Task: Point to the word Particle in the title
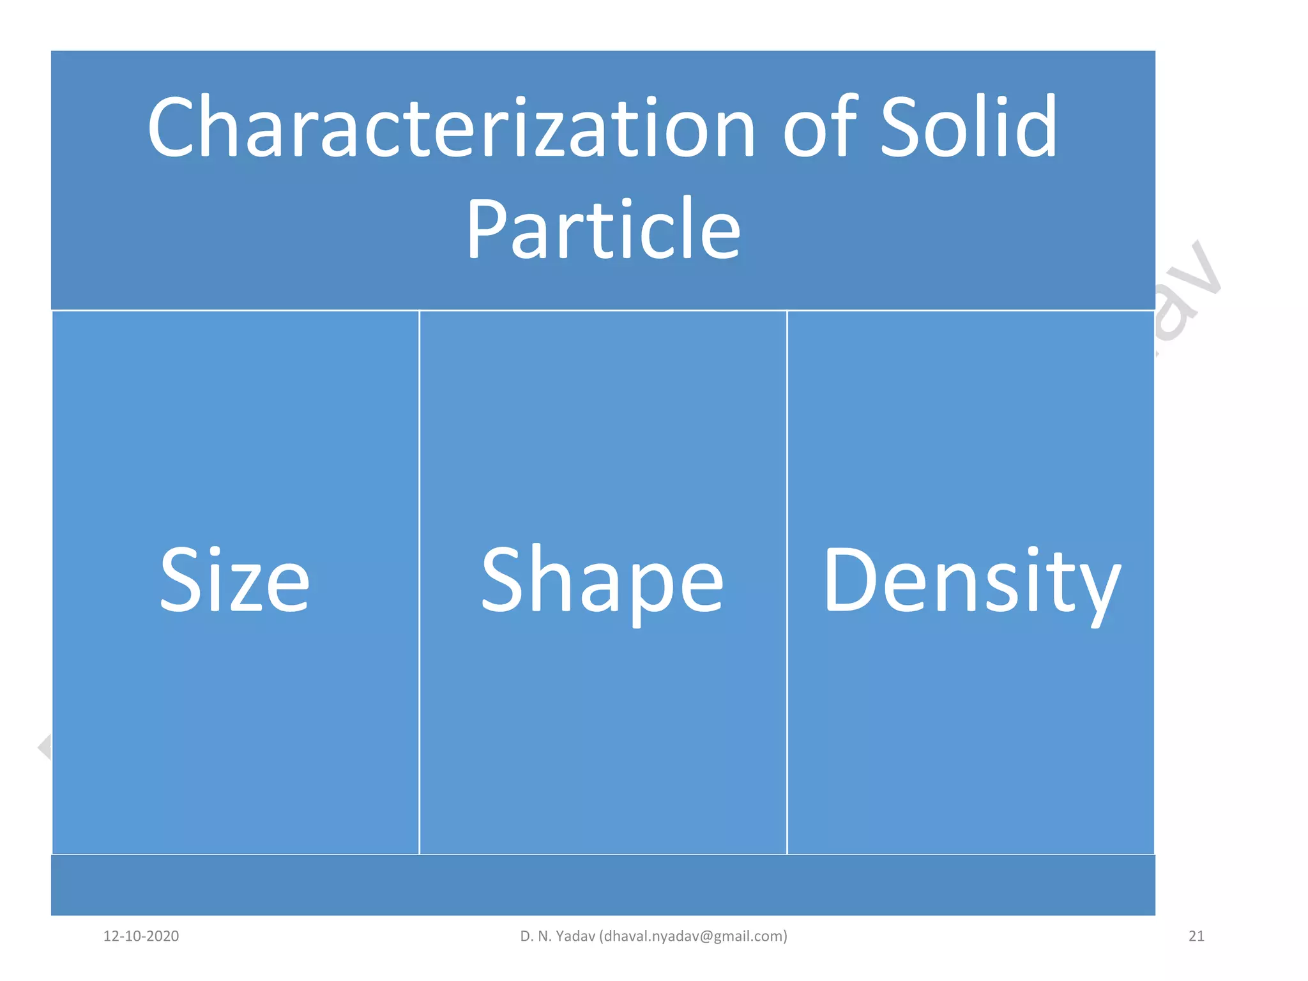point(603,230)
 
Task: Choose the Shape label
point(602,581)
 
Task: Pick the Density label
point(971,581)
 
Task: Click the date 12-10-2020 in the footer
point(141,936)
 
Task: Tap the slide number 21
point(1196,936)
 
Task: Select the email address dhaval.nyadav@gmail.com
point(694,936)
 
